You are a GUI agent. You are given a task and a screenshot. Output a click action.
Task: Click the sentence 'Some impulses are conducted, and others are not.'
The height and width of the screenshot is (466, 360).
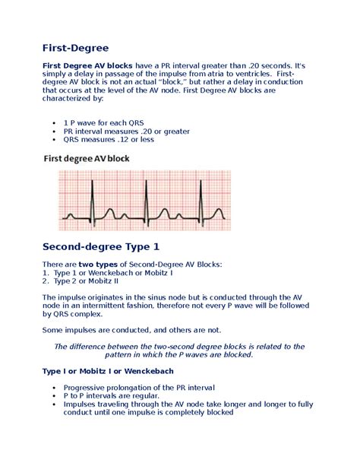[x=131, y=330]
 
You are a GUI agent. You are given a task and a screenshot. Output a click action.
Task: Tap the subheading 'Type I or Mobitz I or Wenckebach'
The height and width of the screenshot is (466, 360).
[x=109, y=371]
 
